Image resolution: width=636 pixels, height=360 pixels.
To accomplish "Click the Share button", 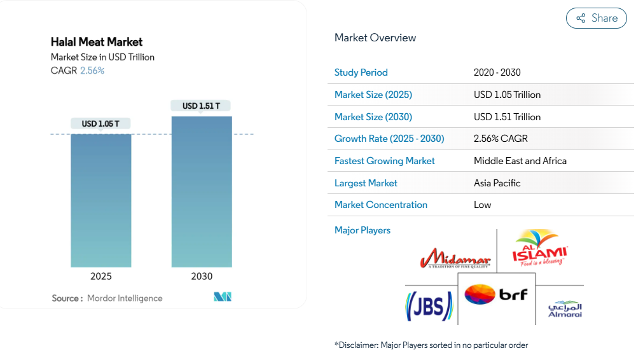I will coord(596,18).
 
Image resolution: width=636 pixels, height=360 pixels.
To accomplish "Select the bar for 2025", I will coord(100,200).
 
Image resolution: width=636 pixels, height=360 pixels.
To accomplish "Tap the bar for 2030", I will coord(202,191).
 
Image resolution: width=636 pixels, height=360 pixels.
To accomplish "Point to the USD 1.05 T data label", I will coord(100,123).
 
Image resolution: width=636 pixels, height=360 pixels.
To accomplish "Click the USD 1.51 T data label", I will coord(201,106).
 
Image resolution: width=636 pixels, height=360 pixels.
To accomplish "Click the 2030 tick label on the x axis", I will coord(202,277).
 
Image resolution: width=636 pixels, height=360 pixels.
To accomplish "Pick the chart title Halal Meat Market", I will coord(97,42).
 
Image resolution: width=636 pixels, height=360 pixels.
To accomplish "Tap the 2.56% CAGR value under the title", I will coord(92,71).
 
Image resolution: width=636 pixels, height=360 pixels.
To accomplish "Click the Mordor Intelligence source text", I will coord(125,298).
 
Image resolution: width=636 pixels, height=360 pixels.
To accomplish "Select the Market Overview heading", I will coord(375,38).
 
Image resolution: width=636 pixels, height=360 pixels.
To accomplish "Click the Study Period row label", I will coord(361,73).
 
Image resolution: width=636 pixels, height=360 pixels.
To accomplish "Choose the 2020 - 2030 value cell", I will coord(497,73).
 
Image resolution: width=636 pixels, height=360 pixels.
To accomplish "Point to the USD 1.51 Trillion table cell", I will coord(507,117).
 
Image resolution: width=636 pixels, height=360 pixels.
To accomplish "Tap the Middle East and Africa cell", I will coord(520,161).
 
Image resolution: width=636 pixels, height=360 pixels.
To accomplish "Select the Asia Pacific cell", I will coord(497,183).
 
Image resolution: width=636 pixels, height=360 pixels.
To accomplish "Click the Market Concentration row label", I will coord(380,205).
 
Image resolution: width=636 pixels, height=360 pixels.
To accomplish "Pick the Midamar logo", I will coord(455,259).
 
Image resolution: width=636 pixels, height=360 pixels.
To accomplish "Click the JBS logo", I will coord(429,306).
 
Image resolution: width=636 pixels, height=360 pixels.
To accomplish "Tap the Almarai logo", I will coord(565,309).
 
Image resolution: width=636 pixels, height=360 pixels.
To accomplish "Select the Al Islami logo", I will coord(540,249).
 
